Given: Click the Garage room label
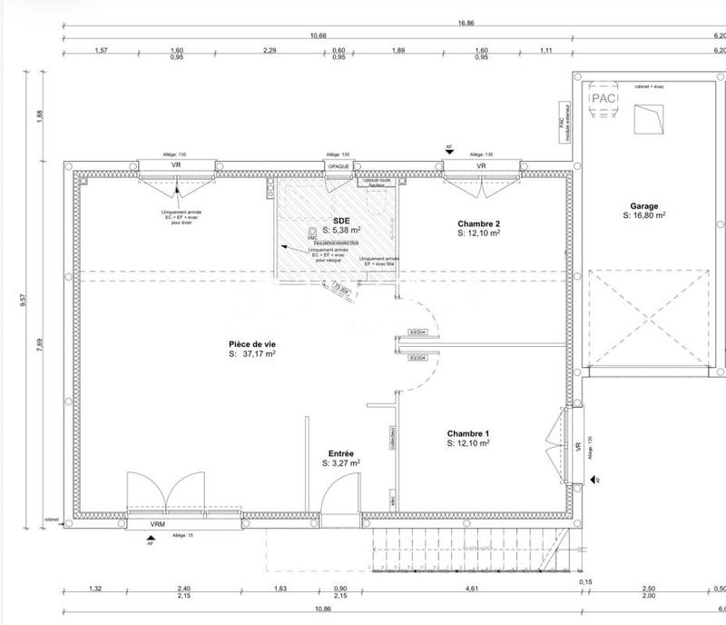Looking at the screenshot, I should point(644,206).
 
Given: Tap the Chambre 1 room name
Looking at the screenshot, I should point(468,433).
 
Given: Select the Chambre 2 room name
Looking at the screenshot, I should point(478,223).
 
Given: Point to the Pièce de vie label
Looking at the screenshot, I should point(252,344).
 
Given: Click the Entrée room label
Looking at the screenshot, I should point(340,452).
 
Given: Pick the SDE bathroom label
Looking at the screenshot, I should point(341,220).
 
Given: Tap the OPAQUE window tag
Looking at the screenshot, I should point(338,167).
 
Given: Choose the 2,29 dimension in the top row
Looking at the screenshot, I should point(270,51).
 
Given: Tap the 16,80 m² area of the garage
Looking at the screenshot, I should point(645,216).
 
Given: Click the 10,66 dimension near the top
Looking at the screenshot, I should point(318,35).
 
